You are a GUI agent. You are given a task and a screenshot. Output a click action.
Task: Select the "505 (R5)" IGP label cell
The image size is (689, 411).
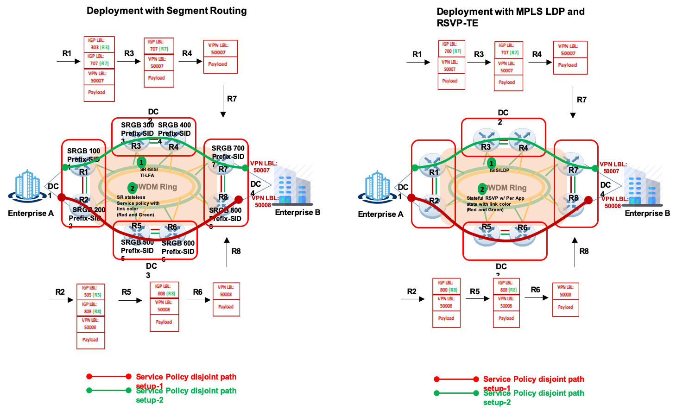pos(90,291)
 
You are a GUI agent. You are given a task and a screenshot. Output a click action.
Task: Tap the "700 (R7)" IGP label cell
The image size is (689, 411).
pos(451,48)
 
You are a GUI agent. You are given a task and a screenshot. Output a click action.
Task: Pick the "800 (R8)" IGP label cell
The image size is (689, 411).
pos(446,287)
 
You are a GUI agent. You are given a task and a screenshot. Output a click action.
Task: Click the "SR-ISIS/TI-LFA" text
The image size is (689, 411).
pos(149,172)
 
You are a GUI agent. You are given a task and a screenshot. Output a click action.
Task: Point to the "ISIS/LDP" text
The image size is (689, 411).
pos(499,170)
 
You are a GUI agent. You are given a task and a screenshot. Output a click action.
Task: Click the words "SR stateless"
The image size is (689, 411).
pos(131,197)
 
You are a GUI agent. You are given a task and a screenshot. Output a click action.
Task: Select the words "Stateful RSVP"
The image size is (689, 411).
pos(482,198)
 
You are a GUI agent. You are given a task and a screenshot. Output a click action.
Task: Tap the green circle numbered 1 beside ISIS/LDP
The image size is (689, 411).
pos(491,163)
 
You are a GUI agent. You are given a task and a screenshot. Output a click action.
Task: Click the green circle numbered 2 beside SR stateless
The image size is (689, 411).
pos(132,188)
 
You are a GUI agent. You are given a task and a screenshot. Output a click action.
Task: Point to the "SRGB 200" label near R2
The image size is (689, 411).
pos(89,209)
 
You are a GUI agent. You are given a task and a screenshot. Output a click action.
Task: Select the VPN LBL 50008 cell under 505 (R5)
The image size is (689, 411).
pos(90,324)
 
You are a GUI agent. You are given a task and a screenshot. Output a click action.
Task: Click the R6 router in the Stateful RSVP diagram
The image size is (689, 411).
pos(523,234)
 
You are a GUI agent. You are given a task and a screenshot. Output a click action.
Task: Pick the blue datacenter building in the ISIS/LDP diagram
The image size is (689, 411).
pos(378,186)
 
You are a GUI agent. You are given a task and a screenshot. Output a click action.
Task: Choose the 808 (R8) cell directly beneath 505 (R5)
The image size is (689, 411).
pos(90,308)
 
